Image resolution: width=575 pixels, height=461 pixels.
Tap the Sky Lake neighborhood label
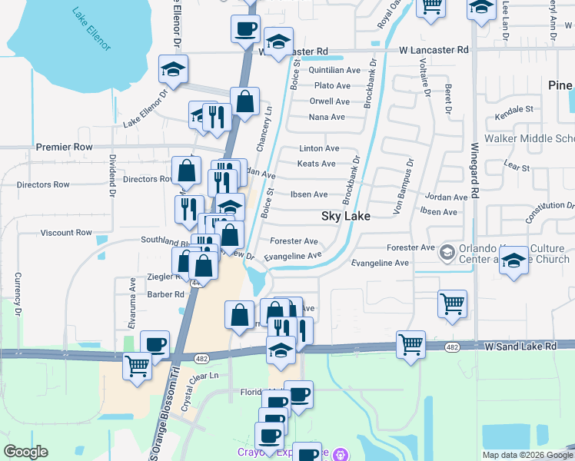[x=345, y=217]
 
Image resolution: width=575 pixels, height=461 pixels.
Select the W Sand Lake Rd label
[x=520, y=347]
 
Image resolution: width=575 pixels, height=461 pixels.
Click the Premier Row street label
[x=64, y=146]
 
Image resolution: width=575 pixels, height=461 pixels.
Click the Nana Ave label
[x=327, y=117]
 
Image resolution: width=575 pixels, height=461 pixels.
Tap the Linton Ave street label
[x=319, y=148]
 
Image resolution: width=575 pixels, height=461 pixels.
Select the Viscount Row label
[x=66, y=232]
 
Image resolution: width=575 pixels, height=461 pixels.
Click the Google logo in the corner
[x=25, y=452]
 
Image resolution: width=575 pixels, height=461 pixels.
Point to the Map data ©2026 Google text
[x=527, y=455]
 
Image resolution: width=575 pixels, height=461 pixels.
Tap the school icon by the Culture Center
[x=514, y=262]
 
